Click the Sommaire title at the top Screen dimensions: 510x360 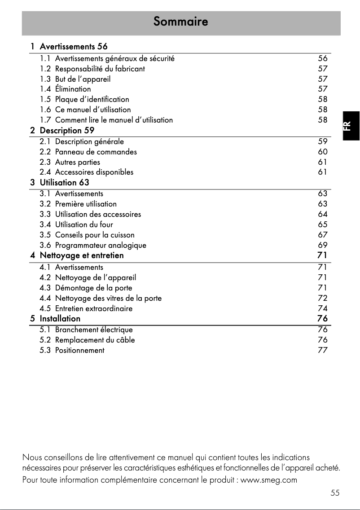[180, 21]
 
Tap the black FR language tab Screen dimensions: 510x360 [351, 126]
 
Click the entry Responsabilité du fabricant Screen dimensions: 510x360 [100, 69]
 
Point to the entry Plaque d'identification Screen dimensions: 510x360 [92, 99]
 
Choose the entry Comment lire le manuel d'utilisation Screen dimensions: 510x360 [114, 120]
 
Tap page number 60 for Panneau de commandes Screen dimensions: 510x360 [322, 152]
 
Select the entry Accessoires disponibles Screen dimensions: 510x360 [94, 172]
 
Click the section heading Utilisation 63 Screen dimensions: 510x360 [64, 182]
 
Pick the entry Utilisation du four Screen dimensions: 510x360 [84, 224]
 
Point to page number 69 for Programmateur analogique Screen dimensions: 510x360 [322, 245]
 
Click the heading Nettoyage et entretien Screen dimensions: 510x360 [81, 255]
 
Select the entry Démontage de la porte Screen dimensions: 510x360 [93, 288]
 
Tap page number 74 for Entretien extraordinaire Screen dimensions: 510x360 [322, 308]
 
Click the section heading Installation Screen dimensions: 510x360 [60, 319]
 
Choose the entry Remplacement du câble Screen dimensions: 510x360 [95, 340]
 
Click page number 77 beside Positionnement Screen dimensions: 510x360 [322, 350]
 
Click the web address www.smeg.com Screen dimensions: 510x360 [269, 480]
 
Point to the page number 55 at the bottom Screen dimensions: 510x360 [335, 493]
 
